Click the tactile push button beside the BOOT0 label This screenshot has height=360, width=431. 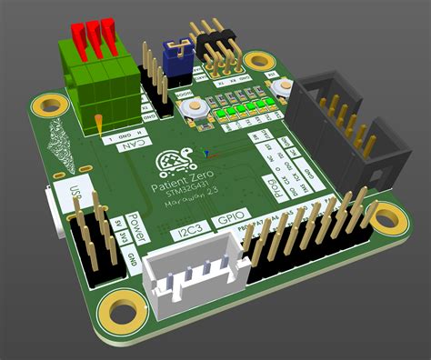tap(194, 110)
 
